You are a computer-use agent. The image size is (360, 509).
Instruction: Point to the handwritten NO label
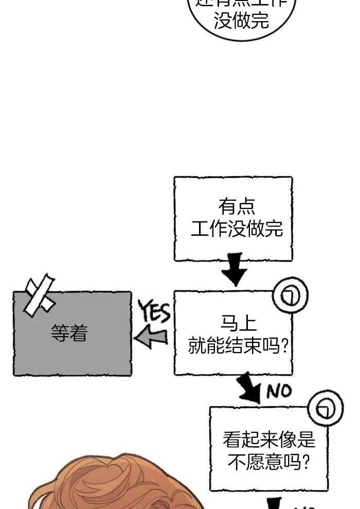point(279,392)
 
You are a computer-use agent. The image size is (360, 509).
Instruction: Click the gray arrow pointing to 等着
point(151,337)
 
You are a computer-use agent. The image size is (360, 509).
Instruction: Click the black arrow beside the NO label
point(250,389)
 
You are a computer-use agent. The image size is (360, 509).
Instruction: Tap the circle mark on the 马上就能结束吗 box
point(290,295)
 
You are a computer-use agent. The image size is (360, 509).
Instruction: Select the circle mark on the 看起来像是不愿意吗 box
point(325,410)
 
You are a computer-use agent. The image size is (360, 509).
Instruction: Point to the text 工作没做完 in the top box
point(237,228)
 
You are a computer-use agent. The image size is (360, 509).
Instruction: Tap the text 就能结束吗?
point(238,345)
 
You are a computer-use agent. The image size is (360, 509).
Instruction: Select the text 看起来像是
point(268,440)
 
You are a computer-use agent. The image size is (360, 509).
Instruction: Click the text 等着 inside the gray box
point(69,334)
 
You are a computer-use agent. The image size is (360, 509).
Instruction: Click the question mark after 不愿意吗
point(304,462)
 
